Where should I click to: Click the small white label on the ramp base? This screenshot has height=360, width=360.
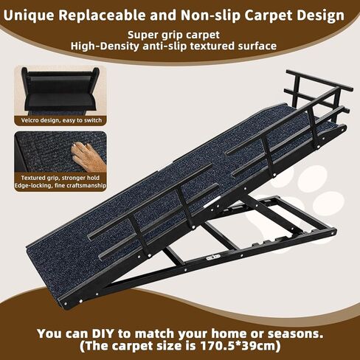213,257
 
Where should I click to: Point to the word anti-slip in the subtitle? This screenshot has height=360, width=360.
185,46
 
